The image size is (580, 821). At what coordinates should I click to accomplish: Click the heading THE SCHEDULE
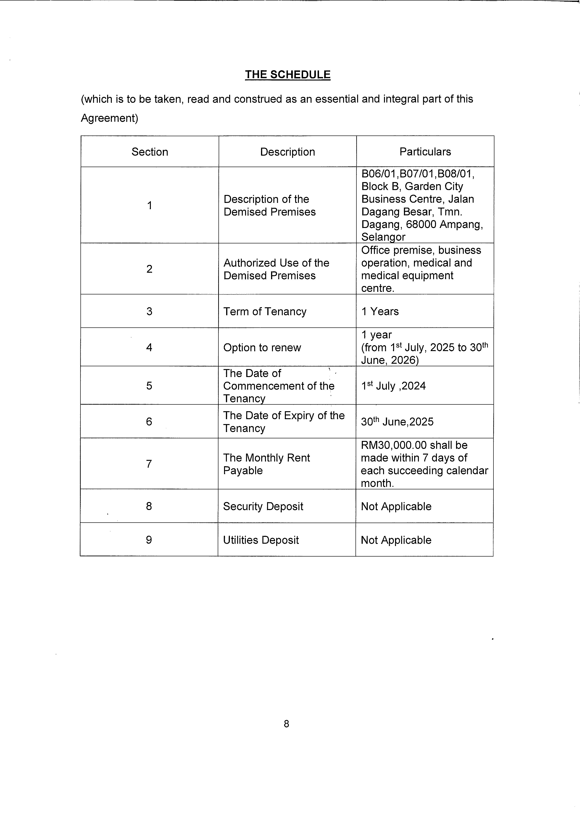[287, 74]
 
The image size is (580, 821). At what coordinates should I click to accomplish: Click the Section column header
[150, 152]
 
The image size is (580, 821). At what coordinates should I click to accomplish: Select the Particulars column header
[425, 152]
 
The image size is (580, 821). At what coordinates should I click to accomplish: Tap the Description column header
[287, 152]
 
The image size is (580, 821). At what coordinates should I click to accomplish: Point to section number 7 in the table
[149, 464]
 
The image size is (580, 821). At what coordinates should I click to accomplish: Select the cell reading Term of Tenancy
[265, 312]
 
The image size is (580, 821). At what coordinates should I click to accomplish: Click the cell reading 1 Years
[380, 312]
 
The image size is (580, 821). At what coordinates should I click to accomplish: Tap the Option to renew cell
[262, 348]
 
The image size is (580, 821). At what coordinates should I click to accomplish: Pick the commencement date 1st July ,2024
[393, 386]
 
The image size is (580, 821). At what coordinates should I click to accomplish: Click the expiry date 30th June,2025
[397, 421]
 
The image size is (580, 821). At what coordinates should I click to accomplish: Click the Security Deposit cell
[263, 506]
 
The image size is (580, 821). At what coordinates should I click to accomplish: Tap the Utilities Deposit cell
[261, 540]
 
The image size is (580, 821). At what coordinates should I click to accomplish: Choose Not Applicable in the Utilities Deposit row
[396, 540]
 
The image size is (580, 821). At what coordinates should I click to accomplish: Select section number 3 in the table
[149, 312]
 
